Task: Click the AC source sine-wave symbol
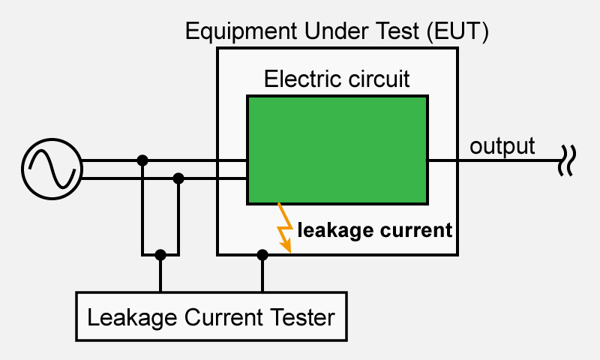tap(50, 169)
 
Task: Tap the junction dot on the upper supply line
tap(142, 160)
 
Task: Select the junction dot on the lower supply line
tap(178, 178)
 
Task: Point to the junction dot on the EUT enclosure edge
tap(262, 255)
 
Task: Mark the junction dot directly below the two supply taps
tap(160, 255)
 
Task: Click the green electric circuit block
tap(337, 149)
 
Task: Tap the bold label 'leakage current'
tap(375, 229)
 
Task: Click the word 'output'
tap(502, 145)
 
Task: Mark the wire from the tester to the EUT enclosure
tap(262, 274)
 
